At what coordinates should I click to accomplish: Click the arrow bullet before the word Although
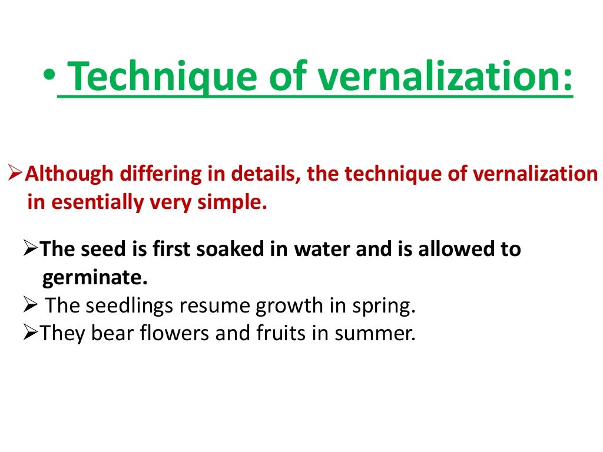pos(16,174)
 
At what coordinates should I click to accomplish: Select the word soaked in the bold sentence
pos(228,249)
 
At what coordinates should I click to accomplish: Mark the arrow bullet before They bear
pos(32,334)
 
